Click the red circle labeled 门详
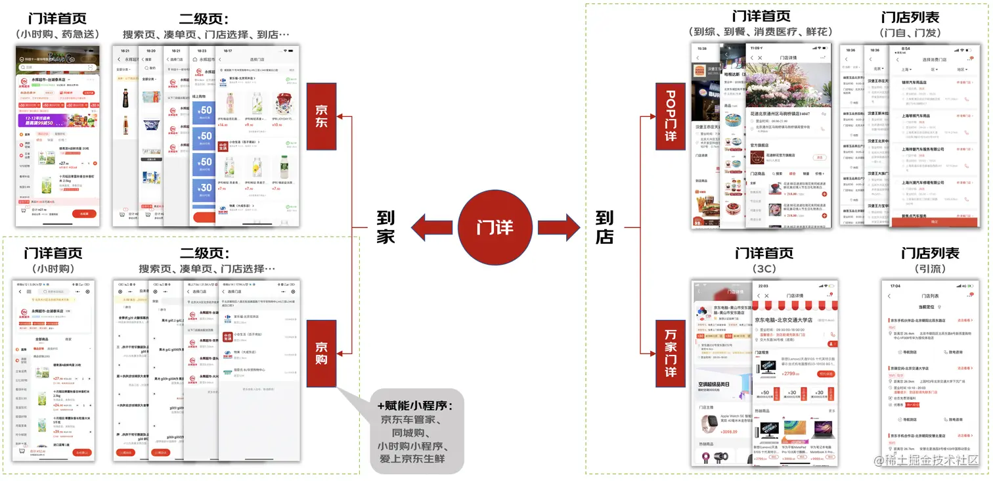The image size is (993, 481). tap(495, 227)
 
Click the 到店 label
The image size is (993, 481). tap(604, 227)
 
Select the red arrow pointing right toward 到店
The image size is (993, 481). tap(558, 227)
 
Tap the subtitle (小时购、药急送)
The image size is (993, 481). tap(58, 34)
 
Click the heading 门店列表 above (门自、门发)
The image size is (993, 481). tap(910, 18)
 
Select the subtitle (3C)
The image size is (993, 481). tap(764, 269)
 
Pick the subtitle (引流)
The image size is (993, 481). tap(930, 269)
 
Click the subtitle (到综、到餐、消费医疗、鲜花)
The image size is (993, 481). tap(761, 32)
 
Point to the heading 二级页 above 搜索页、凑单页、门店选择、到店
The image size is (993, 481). tap(205, 18)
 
